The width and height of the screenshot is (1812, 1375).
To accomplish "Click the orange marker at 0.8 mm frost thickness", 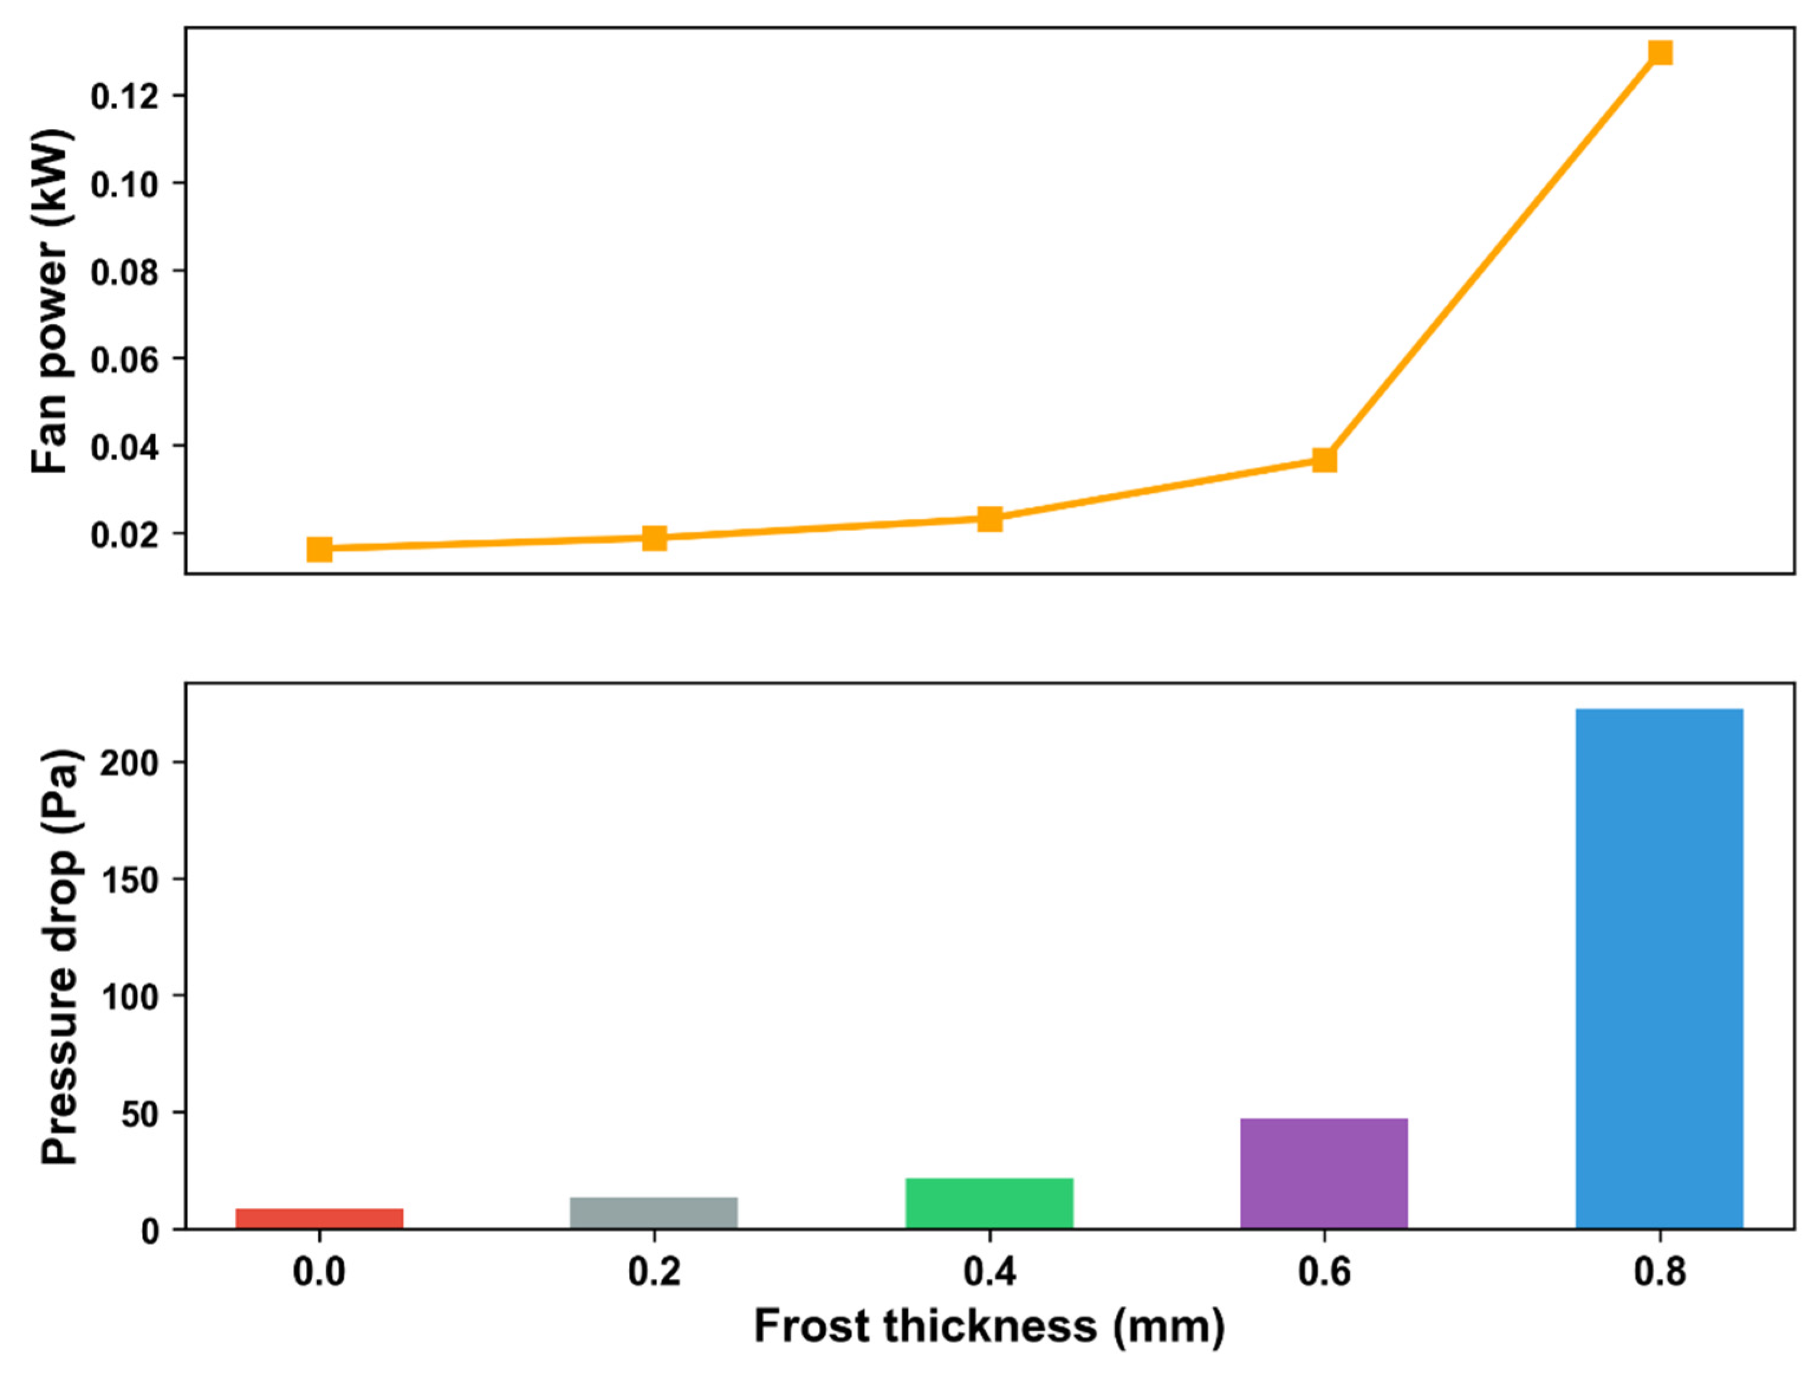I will coord(1660,53).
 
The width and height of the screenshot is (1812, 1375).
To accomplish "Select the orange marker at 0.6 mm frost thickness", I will coord(1324,460).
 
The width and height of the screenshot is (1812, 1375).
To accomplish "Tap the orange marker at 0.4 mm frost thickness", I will coord(989,518).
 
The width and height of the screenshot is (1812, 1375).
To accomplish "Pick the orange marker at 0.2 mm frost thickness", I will coord(654,538).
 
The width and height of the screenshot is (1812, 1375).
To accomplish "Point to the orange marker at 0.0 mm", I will coord(320,550).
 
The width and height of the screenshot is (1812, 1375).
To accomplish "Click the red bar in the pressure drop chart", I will coord(320,1218).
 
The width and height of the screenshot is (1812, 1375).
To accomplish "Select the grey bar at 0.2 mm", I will coord(654,1213).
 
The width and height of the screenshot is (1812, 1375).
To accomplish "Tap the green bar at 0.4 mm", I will coord(989,1203).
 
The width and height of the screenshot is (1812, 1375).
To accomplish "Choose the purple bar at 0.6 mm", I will coord(1324,1173).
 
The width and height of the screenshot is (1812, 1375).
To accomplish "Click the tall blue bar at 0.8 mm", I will coord(1660,966).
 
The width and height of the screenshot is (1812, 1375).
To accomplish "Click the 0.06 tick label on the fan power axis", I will coord(125,359).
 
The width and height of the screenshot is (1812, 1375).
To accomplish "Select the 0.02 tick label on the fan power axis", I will coord(125,535).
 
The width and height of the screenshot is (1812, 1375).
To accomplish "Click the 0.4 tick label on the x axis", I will coord(989,1272).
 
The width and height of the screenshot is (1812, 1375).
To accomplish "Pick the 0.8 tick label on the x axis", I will coord(1660,1272).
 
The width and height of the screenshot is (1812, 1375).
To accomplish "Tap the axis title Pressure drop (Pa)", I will coord(59,955).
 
